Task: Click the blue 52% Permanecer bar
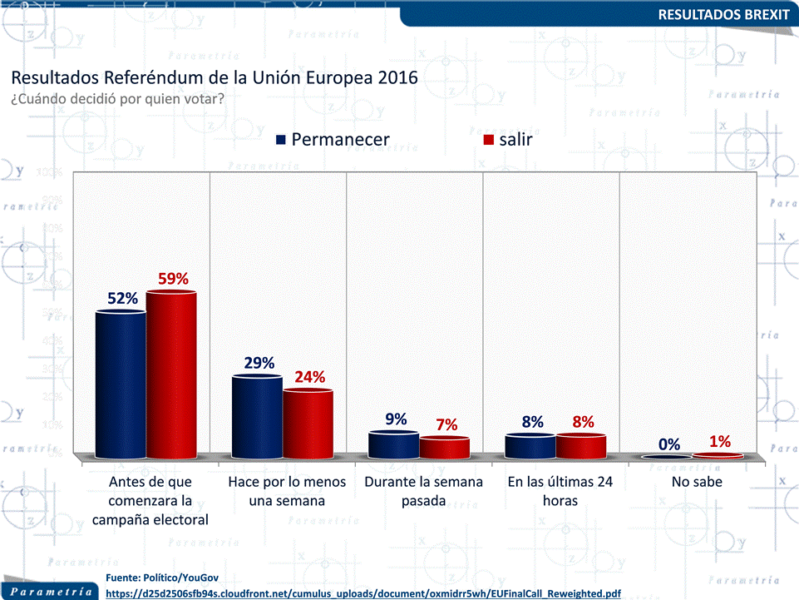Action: pos(121,384)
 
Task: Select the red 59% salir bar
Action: pos(172,374)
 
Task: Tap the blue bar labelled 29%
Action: pos(257,417)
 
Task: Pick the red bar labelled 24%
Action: pos(308,424)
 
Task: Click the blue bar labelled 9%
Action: pos(393,444)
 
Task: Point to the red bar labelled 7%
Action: pos(445,448)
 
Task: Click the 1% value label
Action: pos(719,442)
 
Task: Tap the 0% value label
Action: pos(669,445)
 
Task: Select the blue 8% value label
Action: pos(532,422)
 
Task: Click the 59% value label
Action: pos(174,279)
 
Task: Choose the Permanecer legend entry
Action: pos(333,140)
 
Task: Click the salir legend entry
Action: pos(507,140)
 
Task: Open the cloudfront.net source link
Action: pos(364,593)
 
